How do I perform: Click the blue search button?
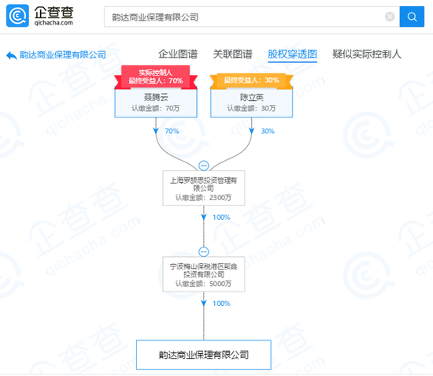pyautogui.click(x=412, y=17)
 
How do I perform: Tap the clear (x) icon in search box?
pyautogui.click(x=390, y=17)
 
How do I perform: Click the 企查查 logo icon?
pyautogui.click(x=17, y=16)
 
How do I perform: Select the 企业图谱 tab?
pyautogui.click(x=178, y=54)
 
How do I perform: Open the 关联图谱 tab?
pyautogui.click(x=232, y=54)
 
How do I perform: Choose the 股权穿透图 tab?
pyautogui.click(x=292, y=54)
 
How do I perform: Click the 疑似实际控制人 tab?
pyautogui.click(x=367, y=54)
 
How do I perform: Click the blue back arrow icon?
pyautogui.click(x=12, y=55)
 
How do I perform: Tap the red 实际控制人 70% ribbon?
pyautogui.click(x=156, y=77)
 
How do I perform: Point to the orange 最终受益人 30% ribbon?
pyautogui.click(x=251, y=80)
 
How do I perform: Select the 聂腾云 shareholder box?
pyautogui.click(x=156, y=102)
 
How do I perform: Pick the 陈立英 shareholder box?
pyautogui.click(x=252, y=102)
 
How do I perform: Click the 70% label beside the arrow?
pyautogui.click(x=172, y=131)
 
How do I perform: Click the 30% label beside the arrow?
pyautogui.click(x=268, y=131)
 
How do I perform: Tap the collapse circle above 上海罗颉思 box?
pyautogui.click(x=204, y=166)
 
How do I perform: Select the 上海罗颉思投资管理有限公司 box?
pyautogui.click(x=204, y=188)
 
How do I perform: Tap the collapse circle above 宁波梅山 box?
pyautogui.click(x=204, y=251)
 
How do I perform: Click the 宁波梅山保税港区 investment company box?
pyautogui.click(x=204, y=274)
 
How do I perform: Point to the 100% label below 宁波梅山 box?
pyautogui.click(x=221, y=303)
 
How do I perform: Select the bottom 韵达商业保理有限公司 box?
pyautogui.click(x=204, y=355)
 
